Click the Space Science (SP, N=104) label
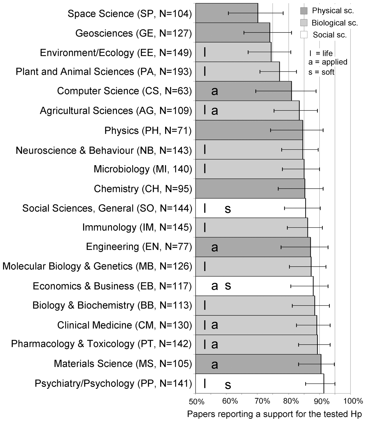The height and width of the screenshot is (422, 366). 130,14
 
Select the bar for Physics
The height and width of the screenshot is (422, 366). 249,130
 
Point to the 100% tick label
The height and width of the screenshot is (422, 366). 353,401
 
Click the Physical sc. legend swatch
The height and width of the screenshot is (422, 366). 304,11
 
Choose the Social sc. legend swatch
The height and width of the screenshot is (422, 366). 304,35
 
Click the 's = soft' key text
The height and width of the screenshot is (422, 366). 321,72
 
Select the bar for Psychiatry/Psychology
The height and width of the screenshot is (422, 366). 259,384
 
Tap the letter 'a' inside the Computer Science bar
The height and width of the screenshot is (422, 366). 215,91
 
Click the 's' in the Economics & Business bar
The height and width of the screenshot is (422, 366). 228,286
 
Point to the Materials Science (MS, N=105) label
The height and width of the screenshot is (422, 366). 123,364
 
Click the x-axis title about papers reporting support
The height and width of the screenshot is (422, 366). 274,414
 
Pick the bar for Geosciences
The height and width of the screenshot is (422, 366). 232,32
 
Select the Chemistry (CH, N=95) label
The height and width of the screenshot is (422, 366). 143,189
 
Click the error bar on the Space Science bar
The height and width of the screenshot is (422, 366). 256,13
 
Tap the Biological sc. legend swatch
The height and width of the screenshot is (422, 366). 304,23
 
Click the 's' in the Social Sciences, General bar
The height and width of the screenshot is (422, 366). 228,209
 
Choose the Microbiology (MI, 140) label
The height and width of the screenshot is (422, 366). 143,169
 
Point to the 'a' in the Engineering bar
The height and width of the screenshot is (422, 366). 215,247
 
